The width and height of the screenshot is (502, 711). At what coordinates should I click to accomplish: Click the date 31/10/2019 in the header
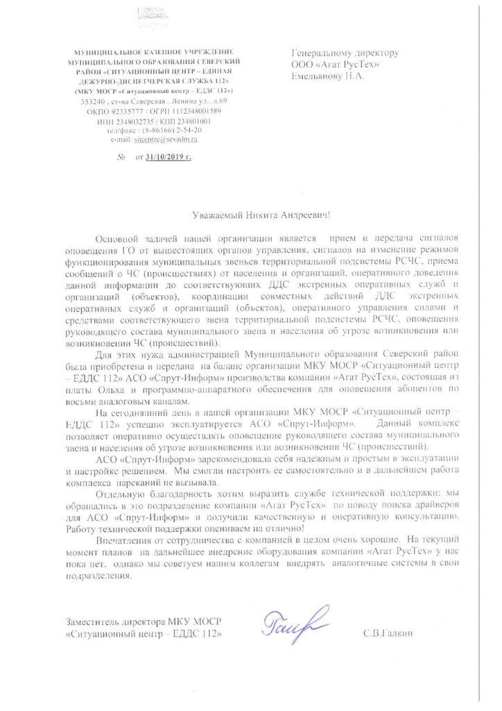(x=168, y=158)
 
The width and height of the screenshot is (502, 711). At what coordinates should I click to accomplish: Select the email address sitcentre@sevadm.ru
(x=167, y=139)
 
